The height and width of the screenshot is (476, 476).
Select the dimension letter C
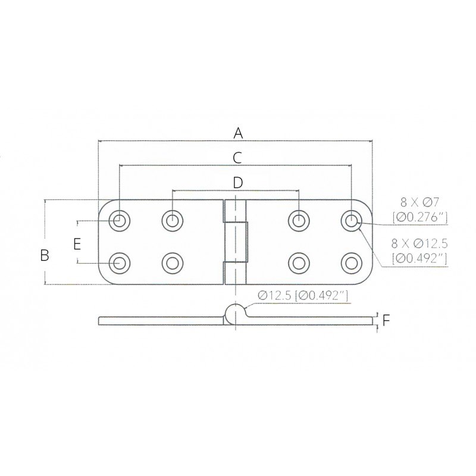tap(237, 158)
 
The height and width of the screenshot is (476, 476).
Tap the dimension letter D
tap(237, 183)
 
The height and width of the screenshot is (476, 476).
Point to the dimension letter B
tap(44, 255)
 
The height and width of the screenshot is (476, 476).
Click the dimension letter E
tap(76, 243)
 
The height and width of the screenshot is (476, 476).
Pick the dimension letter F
tap(386, 321)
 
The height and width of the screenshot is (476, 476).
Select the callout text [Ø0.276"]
tap(419, 218)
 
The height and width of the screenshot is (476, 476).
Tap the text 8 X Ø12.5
tap(419, 243)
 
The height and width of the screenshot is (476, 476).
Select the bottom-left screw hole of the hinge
tap(120, 262)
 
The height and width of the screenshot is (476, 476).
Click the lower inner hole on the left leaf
tap(172, 262)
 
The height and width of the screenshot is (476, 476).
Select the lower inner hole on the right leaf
tap(297, 262)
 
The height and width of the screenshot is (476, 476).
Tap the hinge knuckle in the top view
tap(236, 242)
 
